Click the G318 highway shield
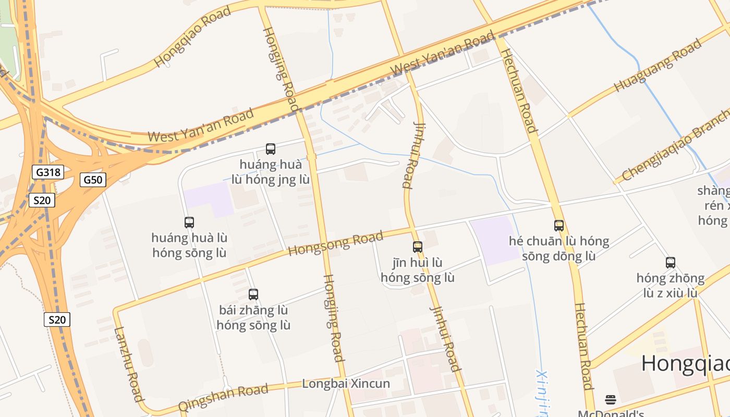48,172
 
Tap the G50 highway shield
93,180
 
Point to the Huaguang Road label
658,65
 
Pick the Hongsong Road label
335,244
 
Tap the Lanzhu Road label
128,364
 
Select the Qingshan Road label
223,398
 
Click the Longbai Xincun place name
346,384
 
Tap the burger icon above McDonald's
611,400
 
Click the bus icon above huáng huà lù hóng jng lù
271,149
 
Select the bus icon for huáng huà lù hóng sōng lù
189,223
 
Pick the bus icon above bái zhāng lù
253,295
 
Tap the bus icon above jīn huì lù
418,247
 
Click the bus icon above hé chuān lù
559,226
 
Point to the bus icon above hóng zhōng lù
671,263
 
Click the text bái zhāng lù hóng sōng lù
253,318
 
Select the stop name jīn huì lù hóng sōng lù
417,270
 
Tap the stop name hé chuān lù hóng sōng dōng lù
559,249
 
